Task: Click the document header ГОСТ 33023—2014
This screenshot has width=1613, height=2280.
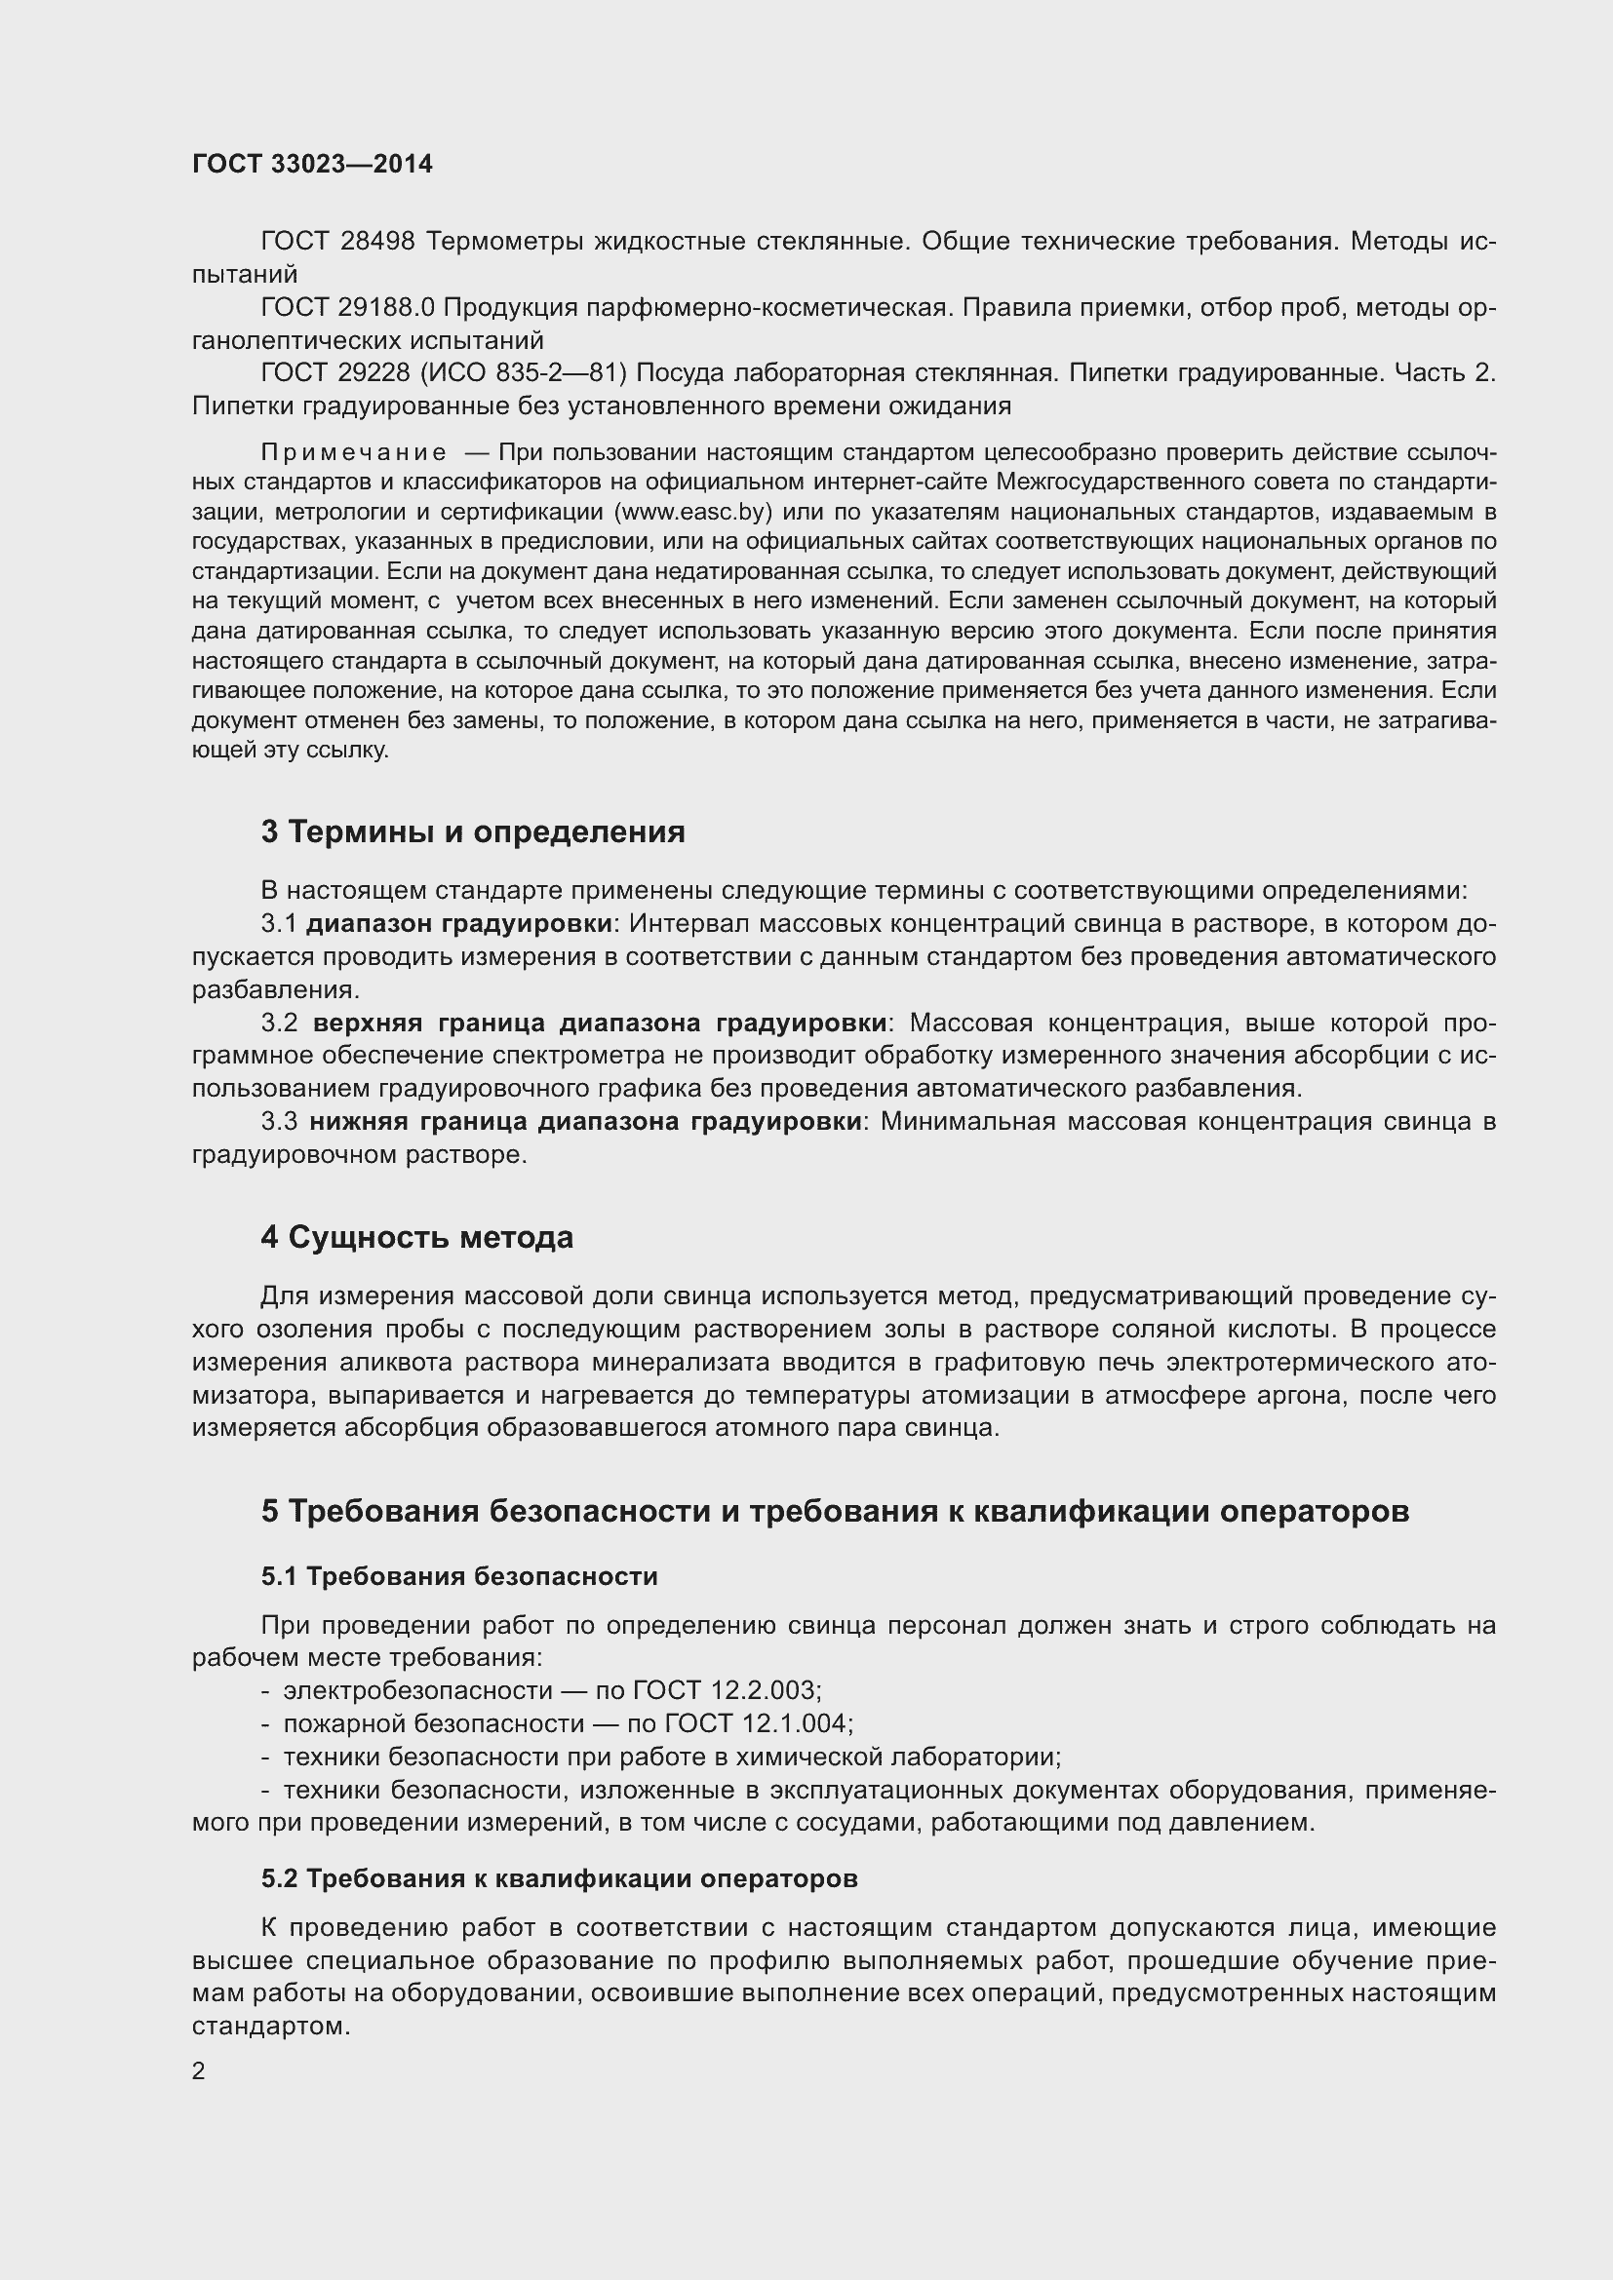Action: (x=312, y=164)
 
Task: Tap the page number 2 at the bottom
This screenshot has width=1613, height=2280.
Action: (x=199, y=2070)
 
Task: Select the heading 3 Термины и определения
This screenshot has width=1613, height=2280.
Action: (x=473, y=831)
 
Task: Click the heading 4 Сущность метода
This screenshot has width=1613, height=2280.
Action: (x=417, y=1237)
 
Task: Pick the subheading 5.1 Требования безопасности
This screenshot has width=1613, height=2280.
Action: (x=459, y=1576)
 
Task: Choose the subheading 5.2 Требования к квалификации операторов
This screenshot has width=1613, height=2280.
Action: (x=559, y=1877)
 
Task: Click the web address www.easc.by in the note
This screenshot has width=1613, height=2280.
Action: (x=693, y=513)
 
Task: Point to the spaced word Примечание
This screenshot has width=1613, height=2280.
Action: (x=354, y=453)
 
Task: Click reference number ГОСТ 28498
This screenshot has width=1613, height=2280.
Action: (x=337, y=242)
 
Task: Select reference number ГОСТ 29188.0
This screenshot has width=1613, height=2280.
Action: (x=347, y=308)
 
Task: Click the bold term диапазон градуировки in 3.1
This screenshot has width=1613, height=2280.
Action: (x=458, y=923)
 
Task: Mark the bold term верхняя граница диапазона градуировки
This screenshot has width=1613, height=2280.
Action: (x=599, y=1023)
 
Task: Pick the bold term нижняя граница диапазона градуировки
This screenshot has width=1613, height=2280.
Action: (x=585, y=1121)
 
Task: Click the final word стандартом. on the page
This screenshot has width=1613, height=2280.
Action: (x=271, y=2026)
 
